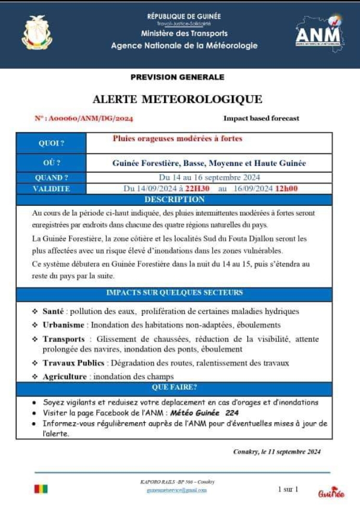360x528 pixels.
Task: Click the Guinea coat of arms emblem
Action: [x=37, y=32]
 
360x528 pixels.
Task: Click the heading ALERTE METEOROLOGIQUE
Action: [x=177, y=99]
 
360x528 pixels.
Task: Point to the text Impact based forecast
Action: [x=261, y=118]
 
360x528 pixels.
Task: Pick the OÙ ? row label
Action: [x=51, y=163]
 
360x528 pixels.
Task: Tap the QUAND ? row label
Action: [x=51, y=178]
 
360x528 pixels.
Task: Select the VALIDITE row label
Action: [x=51, y=189]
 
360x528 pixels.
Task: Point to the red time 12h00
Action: [x=286, y=189]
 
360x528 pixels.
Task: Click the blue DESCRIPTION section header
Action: [x=174, y=199]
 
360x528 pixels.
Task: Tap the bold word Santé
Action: [x=53, y=311]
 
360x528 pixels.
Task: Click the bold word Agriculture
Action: [x=66, y=376]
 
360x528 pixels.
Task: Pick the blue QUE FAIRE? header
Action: [x=174, y=387]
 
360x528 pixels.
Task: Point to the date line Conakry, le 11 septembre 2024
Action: [x=277, y=452]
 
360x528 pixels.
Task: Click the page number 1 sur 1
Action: [x=288, y=489]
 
